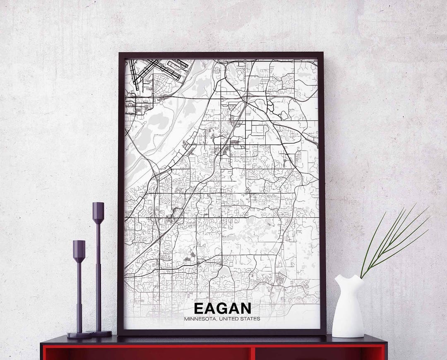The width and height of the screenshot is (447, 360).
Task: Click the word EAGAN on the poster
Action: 222,308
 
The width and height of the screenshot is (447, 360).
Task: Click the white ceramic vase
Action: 348,308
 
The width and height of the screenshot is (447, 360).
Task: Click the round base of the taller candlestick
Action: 99,334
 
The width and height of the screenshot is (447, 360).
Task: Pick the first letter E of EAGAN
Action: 198,308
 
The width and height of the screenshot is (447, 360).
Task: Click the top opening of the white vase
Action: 348,276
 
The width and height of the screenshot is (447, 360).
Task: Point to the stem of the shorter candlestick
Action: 79,294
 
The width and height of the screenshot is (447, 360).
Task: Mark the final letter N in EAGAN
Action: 245,308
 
